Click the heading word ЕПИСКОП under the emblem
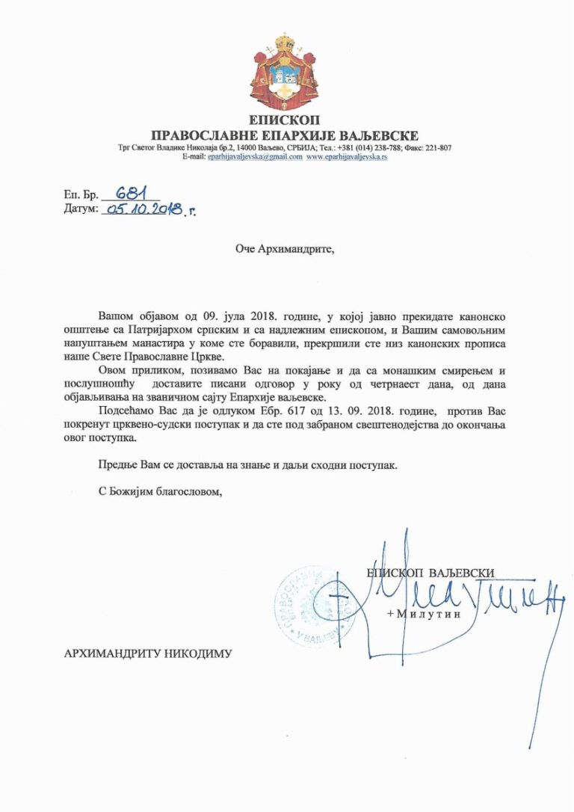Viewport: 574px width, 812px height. (x=286, y=120)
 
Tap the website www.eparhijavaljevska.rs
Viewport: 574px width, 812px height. (x=346, y=157)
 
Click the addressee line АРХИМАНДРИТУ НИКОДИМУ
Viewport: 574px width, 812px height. (x=149, y=653)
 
